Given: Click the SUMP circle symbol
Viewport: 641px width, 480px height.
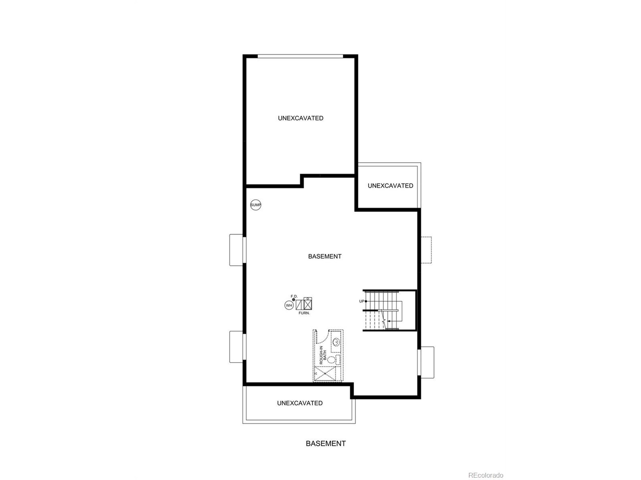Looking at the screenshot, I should [256, 205].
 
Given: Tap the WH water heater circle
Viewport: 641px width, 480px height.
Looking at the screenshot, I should [289, 305].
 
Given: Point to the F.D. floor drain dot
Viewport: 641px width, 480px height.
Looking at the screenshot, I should [293, 299].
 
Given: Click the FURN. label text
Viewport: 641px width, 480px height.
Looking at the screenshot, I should [304, 313].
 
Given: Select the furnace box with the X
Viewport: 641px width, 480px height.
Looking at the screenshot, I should [308, 304].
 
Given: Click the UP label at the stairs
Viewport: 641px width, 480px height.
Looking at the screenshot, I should [361, 301].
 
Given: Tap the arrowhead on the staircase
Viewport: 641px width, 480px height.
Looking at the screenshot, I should [388, 321].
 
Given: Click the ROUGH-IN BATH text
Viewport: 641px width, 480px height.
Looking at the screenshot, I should [323, 355].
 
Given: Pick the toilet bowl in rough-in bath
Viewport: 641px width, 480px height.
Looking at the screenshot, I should [331, 360].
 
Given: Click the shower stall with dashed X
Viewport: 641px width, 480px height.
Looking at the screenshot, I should [325, 373].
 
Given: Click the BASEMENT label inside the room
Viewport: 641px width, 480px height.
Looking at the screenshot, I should [325, 256].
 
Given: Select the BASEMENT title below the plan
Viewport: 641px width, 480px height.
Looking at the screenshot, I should [326, 443].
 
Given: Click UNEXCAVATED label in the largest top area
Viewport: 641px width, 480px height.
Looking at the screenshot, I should [300, 118].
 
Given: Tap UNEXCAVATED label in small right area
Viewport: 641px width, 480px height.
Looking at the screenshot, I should [390, 186].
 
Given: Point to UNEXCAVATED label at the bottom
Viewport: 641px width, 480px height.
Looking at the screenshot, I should [300, 403].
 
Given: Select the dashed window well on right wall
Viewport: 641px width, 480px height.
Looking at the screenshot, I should [426, 250].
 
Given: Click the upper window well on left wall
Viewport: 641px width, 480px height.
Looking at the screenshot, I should [236, 250].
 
